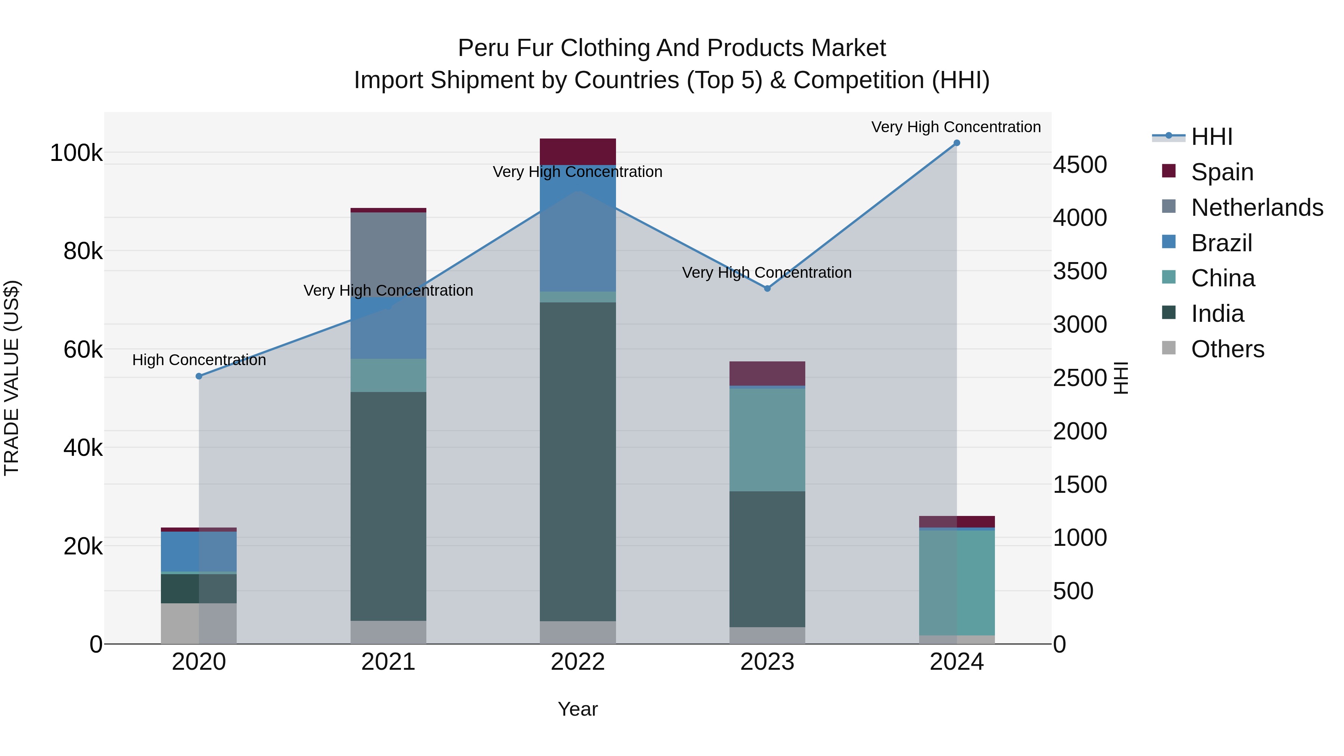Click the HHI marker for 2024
click(956, 143)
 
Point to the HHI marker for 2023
click(767, 289)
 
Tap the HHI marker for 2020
click(199, 376)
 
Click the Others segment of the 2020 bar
click(199, 623)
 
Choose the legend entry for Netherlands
click(1256, 208)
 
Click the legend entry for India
click(1217, 314)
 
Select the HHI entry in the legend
click(1211, 137)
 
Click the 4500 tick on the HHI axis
click(1079, 165)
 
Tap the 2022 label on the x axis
click(578, 662)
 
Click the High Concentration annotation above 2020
click(199, 360)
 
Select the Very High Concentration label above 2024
click(955, 127)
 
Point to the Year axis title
click(578, 709)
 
